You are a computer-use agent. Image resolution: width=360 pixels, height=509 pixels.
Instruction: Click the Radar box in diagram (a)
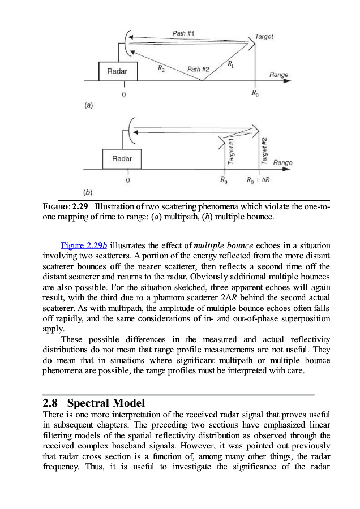[x=117, y=71]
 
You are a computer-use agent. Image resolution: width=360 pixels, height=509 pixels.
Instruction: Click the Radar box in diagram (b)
[x=122, y=159]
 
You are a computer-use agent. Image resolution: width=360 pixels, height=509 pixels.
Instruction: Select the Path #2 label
[x=198, y=69]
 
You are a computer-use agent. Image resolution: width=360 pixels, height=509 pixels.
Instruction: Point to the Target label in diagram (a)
[x=264, y=37]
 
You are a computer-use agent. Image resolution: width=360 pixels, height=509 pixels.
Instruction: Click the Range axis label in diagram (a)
[x=278, y=75]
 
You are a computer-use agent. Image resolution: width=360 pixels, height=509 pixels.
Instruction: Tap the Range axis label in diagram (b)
[x=282, y=162]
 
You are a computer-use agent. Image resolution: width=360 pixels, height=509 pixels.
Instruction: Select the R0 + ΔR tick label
[x=258, y=181]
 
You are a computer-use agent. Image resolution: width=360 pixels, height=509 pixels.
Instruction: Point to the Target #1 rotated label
[x=231, y=151]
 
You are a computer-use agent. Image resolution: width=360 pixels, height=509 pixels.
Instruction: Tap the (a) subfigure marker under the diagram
[x=89, y=105]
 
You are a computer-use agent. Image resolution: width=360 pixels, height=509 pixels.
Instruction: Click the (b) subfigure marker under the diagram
[x=89, y=192]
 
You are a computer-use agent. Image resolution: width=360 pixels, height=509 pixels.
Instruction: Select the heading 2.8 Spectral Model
[x=94, y=403]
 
